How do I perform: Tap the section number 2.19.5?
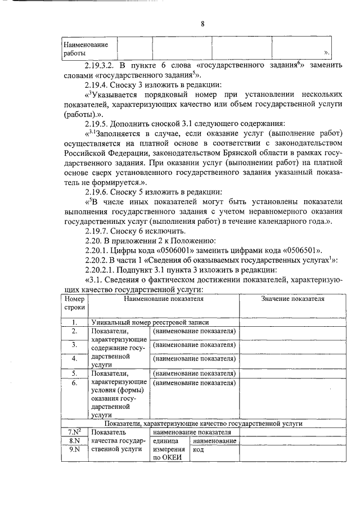coord(98,123)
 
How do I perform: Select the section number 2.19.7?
coord(98,231)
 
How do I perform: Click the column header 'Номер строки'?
coord(74,304)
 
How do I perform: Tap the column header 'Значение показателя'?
coord(292,299)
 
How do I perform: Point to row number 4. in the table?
coord(74,358)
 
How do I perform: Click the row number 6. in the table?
coord(74,383)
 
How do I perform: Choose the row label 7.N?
coord(74,432)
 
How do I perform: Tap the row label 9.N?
coord(74,450)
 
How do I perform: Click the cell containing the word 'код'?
coord(198,450)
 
